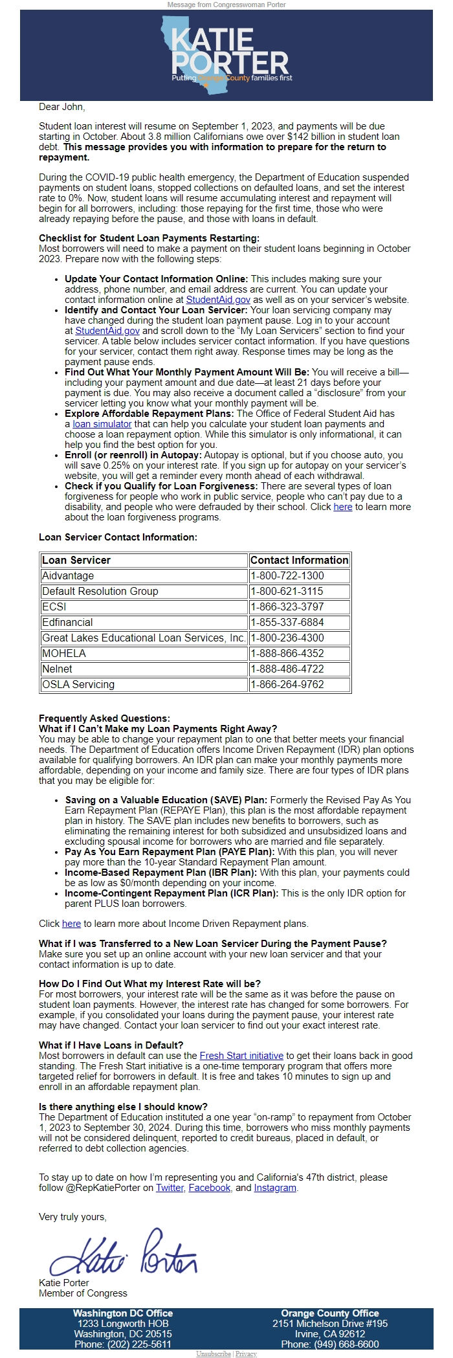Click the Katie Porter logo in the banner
pos(226,55)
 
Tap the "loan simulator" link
pos(102,424)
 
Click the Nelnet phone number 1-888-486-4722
pos(287,669)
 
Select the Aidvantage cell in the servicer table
pos(68,575)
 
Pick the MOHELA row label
pos(64,653)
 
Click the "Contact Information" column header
pos(299,560)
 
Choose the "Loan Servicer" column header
pos(76,560)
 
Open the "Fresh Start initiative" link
pos(241,1055)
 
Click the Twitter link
pos(170,1188)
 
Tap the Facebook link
pos(209,1188)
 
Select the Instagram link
pos(275,1188)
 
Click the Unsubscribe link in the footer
pos(214,1353)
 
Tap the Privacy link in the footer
pos(246,1353)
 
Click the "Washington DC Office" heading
pos(123,1313)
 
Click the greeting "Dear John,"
pos(62,107)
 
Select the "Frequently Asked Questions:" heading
pos(104,718)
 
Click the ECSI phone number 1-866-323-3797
pos(287,607)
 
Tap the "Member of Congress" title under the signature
pos(83,1293)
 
